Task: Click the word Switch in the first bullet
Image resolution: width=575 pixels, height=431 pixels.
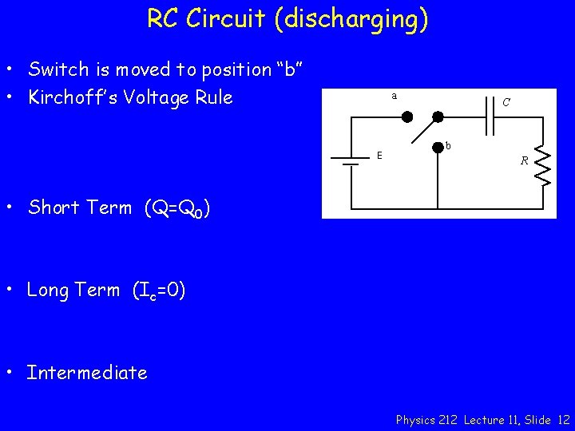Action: pyautogui.click(x=58, y=69)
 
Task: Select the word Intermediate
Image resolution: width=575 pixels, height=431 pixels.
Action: pyautogui.click(x=87, y=373)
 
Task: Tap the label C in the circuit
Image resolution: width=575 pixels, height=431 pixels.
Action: pyautogui.click(x=506, y=102)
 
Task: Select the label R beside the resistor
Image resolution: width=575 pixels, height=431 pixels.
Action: pyautogui.click(x=524, y=160)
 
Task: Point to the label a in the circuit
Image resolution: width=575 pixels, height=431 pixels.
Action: pyautogui.click(x=394, y=96)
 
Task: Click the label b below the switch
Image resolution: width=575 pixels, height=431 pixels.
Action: pyautogui.click(x=448, y=146)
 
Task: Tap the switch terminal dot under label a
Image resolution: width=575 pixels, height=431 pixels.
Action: pyautogui.click(x=406, y=117)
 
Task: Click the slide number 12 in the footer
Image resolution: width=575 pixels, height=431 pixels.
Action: pyautogui.click(x=564, y=419)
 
